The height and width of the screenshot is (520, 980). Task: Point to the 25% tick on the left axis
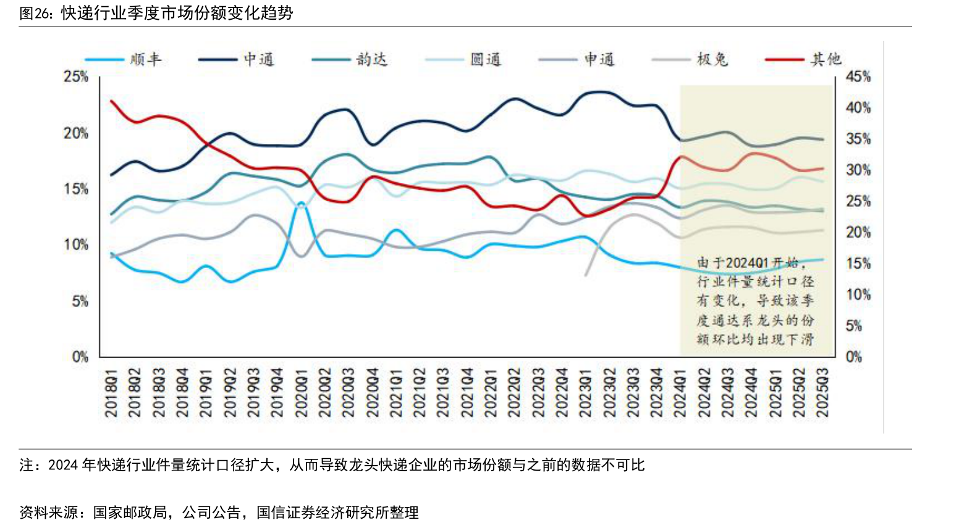(75, 77)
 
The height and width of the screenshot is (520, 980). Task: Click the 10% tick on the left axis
(75, 245)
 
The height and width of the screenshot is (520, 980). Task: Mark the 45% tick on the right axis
(858, 77)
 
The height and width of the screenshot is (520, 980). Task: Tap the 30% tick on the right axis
(858, 170)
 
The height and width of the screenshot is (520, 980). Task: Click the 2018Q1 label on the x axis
(111, 393)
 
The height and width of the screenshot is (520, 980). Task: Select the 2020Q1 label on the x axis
(301, 393)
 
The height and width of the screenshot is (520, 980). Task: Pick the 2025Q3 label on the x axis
(822, 393)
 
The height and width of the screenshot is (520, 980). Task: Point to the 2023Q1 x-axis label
(585, 393)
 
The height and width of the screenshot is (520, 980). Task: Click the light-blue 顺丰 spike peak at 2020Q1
(301, 203)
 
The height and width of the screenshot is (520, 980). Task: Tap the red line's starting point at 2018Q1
(112, 101)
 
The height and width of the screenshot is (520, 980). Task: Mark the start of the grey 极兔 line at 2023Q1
(585, 275)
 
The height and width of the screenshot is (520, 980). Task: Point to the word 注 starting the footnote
(26, 465)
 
